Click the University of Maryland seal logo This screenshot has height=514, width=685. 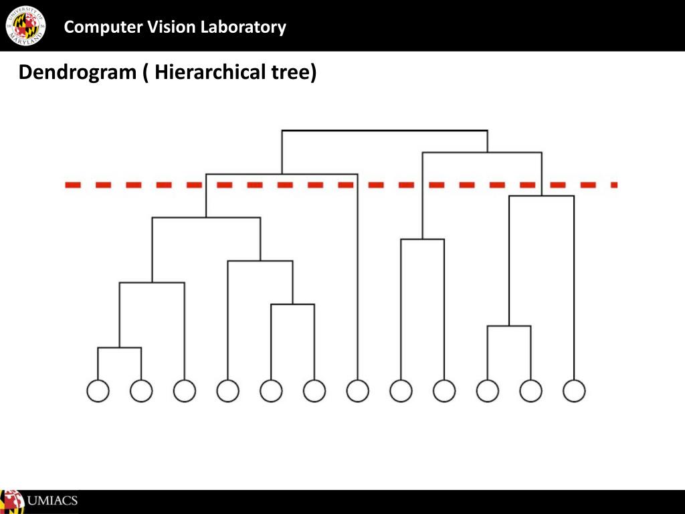click(25, 25)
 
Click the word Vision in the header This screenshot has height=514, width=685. click(156, 27)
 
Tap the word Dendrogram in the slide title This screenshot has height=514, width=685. click(77, 72)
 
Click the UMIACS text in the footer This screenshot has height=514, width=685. click(52, 501)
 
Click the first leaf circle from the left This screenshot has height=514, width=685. click(98, 391)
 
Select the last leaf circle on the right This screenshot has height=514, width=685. click(574, 391)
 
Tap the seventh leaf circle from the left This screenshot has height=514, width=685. click(358, 391)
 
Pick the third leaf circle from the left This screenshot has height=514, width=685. click(185, 391)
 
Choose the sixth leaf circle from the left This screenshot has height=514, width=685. click(314, 391)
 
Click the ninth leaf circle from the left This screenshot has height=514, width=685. click(444, 391)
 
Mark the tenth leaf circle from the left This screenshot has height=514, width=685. click(488, 391)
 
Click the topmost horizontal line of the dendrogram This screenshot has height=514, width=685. click(385, 131)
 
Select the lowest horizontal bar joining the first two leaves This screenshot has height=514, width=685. click(119, 348)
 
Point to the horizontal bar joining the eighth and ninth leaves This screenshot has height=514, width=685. click(422, 239)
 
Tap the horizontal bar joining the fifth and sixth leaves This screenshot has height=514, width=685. click(292, 305)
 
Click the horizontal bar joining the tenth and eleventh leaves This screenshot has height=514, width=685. click(509, 326)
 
